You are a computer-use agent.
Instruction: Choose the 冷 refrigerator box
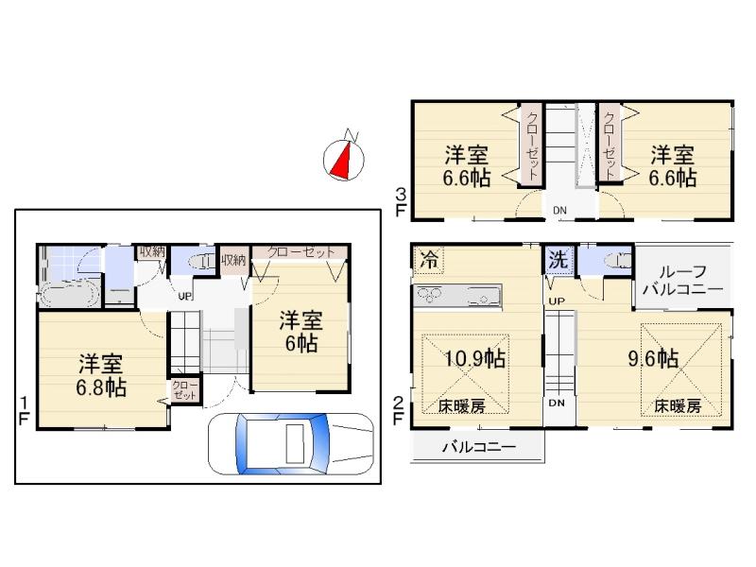pyautogui.click(x=429, y=257)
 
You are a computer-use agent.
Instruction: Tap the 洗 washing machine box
pyautogui.click(x=558, y=258)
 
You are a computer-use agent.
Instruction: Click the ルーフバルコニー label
pyautogui.click(x=682, y=280)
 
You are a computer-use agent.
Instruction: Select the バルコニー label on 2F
pyautogui.click(x=479, y=447)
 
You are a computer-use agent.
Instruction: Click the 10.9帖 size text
pyautogui.click(x=474, y=359)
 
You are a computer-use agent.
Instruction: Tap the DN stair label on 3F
pyautogui.click(x=560, y=210)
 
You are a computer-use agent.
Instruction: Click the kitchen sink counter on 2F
pyautogui.click(x=458, y=295)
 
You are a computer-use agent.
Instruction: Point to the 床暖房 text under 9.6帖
pyautogui.click(x=678, y=405)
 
